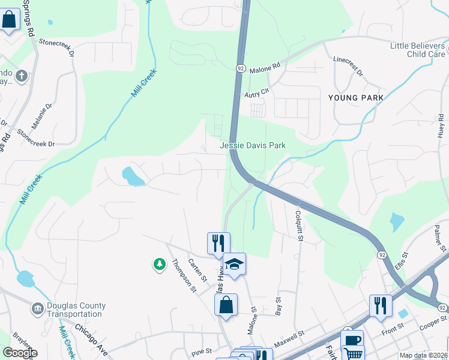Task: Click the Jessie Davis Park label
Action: (x=252, y=145)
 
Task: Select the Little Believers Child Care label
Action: (x=418, y=50)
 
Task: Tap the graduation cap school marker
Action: (x=234, y=263)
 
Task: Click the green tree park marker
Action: (x=159, y=264)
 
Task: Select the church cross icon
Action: (x=22, y=76)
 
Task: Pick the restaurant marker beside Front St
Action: (x=381, y=305)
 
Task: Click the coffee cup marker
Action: (x=352, y=340)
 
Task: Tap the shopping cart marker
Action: (x=353, y=355)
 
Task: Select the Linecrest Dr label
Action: (x=349, y=66)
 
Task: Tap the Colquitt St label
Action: (x=298, y=225)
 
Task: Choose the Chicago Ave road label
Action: (x=92, y=340)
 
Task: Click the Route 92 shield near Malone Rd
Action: (x=240, y=68)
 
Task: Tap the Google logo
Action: (x=20, y=353)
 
